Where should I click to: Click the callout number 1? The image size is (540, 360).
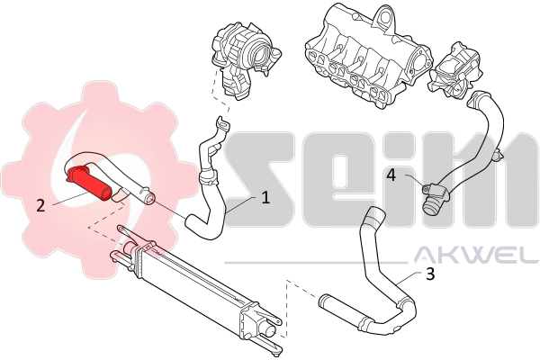pos(265,197)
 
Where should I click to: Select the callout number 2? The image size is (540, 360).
pos(40,206)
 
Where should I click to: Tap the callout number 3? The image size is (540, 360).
pos(430,274)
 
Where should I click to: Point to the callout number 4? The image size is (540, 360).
pos(391,175)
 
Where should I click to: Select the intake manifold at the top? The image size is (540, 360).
pos(368,57)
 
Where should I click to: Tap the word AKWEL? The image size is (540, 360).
pos(476,254)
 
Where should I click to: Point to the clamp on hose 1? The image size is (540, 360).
pos(208,175)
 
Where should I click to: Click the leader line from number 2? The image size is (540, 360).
pos(71,199)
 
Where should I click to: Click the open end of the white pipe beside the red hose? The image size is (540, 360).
pos(149,200)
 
